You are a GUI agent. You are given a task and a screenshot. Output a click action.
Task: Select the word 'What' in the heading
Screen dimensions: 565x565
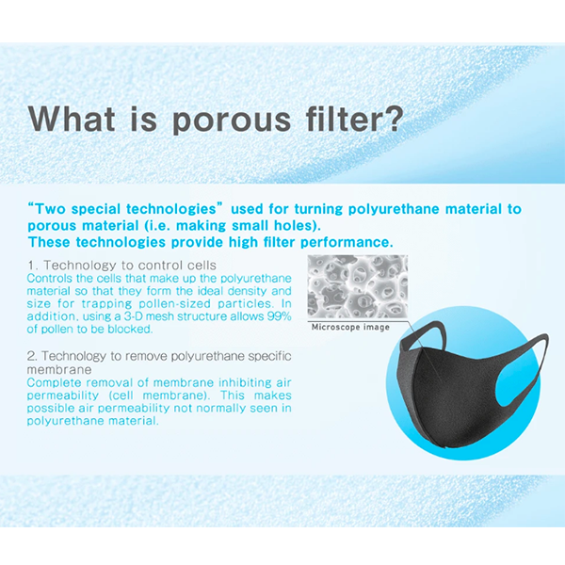[72, 118]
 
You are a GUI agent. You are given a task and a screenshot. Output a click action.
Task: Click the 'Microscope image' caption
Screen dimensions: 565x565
[350, 327]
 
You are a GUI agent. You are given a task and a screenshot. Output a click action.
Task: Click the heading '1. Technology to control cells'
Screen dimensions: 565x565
[122, 266]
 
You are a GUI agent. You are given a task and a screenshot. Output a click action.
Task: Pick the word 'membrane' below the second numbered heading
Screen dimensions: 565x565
[59, 369]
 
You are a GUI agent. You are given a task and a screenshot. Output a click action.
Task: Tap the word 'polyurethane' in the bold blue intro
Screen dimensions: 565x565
[395, 209]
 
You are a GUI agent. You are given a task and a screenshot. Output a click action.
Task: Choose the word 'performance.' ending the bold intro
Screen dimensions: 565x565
[347, 243]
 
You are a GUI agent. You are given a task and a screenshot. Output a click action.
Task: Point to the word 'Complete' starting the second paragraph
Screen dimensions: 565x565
[54, 382]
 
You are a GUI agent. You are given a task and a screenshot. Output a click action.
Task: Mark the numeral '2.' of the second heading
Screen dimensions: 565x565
[32, 356]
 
